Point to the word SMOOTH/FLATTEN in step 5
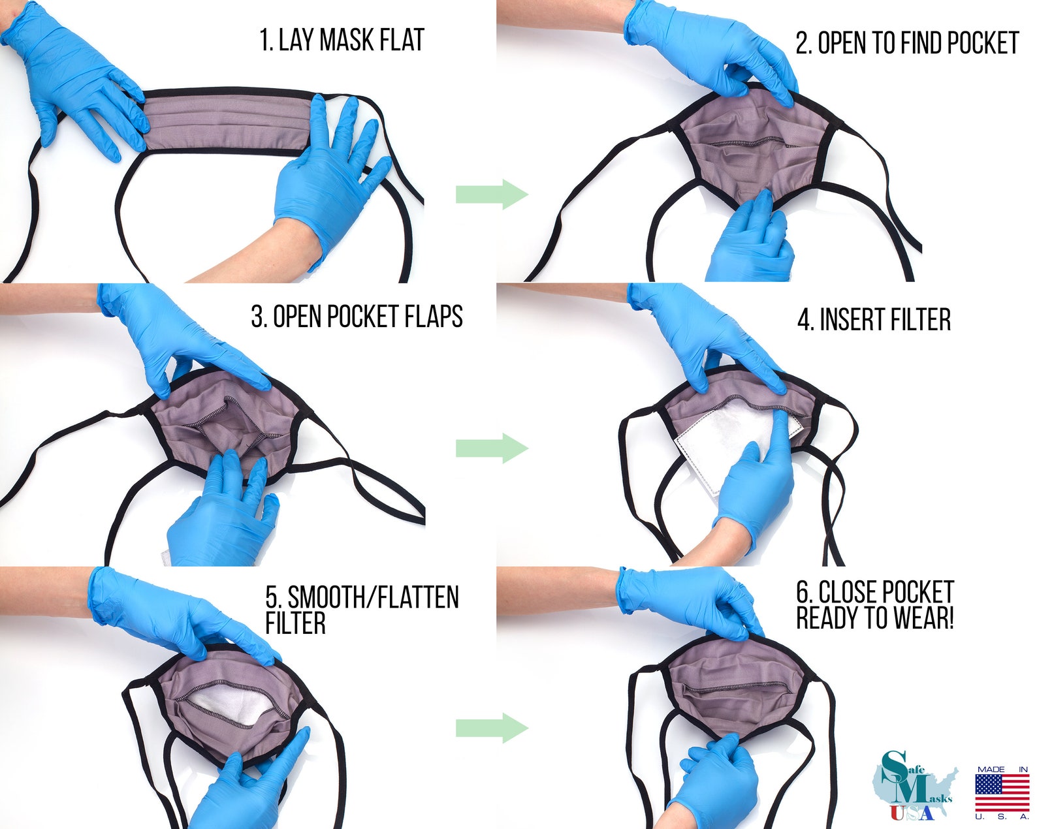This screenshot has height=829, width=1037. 374,597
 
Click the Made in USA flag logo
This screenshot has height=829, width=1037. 1002,792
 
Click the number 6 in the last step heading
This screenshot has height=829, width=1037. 803,593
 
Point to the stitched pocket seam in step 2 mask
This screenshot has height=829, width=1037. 751,142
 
